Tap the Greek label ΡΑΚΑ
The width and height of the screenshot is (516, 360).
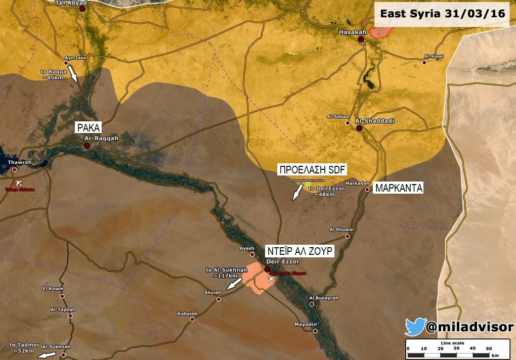[x=89, y=127]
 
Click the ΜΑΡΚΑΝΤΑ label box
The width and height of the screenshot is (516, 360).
[x=398, y=189]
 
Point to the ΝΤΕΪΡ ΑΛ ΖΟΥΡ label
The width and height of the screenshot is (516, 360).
[x=299, y=251]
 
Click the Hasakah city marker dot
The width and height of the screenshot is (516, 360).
[x=361, y=39]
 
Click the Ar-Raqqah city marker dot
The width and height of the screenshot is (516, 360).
[x=87, y=146]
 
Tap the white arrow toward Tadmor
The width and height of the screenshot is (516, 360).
[x=47, y=355]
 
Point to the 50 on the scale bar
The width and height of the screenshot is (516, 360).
[x=488, y=348]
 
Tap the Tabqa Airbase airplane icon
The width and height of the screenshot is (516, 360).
[x=20, y=183]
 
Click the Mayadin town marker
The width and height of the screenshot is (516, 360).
[x=315, y=331]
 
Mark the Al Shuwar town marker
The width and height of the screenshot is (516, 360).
[x=347, y=236]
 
